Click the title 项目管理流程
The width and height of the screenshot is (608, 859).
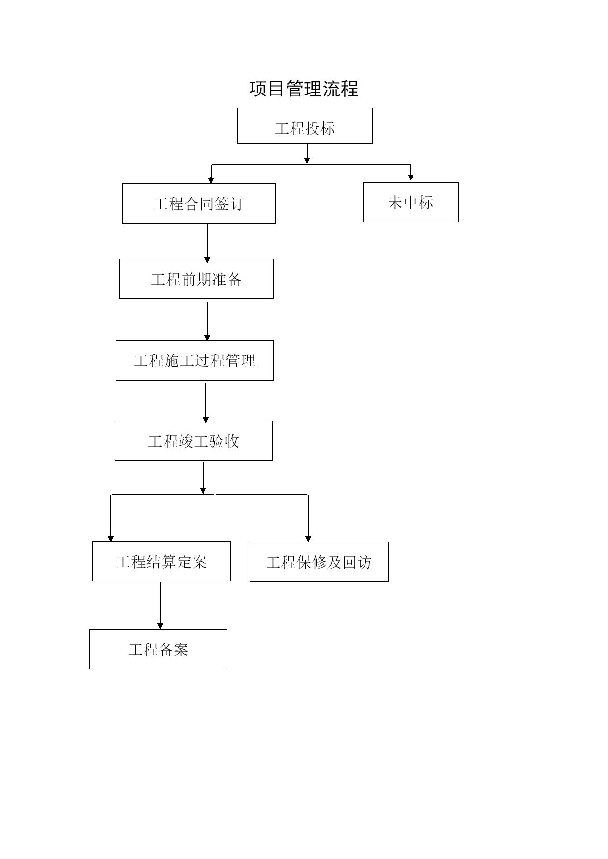(304, 89)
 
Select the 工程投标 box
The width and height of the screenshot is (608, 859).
(305, 126)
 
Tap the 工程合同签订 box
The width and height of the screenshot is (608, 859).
(199, 204)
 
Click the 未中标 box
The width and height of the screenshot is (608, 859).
(411, 202)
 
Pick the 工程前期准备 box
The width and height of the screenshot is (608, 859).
(196, 279)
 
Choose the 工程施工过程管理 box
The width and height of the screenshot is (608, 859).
(195, 360)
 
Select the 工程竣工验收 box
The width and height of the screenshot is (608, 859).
(194, 441)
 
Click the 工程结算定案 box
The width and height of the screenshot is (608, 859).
(161, 561)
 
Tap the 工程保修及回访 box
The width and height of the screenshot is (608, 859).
(319, 562)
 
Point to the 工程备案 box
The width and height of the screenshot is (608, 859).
(158, 649)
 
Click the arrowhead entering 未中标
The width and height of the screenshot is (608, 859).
(411, 178)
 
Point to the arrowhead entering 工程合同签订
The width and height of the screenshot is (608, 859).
(211, 180)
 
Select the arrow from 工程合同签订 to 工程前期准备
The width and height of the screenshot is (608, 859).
(207, 243)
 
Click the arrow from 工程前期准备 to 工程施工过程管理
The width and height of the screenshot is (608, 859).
(207, 321)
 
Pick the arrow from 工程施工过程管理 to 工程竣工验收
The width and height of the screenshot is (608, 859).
(206, 403)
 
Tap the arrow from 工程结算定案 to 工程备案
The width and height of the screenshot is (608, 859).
(160, 606)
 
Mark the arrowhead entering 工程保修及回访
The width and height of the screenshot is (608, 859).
(308, 539)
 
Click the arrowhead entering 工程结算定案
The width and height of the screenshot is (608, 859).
(111, 539)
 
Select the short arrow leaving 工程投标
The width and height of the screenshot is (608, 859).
(307, 154)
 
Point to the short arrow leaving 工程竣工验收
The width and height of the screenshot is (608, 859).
(203, 478)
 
